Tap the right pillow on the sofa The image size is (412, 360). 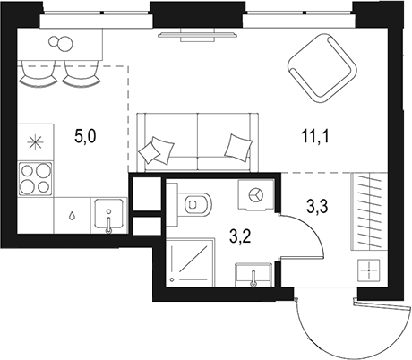[237, 145]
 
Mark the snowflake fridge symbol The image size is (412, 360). [36, 141]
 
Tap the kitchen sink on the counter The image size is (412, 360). [109, 215]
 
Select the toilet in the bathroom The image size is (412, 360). [192, 205]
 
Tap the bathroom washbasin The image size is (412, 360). [253, 272]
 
